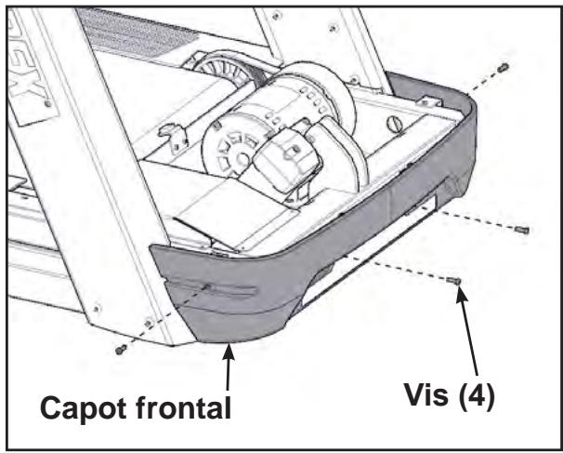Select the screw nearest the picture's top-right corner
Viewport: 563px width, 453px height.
click(x=502, y=68)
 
